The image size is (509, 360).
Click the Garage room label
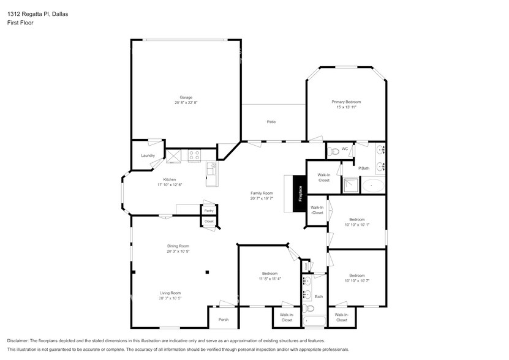pyautogui.click(x=186, y=97)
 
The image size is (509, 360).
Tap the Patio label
pyautogui.click(x=271, y=122)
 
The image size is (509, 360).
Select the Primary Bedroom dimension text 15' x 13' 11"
pyautogui.click(x=346, y=107)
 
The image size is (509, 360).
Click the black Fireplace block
pyautogui.click(x=300, y=194)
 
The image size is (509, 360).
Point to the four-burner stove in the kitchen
pyautogui.click(x=195, y=156)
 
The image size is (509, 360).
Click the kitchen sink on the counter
pyautogui.click(x=211, y=169)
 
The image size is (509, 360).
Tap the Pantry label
pyautogui.click(x=209, y=210)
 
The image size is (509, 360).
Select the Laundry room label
pyautogui.click(x=148, y=156)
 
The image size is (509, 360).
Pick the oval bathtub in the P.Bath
pyautogui.click(x=373, y=185)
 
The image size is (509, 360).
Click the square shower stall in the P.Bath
pyautogui.click(x=350, y=185)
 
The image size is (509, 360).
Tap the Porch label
pyautogui.click(x=224, y=319)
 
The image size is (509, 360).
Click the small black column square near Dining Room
pyautogui.click(x=208, y=271)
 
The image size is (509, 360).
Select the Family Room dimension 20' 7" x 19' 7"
pyautogui.click(x=262, y=198)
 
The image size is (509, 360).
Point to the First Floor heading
pyautogui.click(x=21, y=23)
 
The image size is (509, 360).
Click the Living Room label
pyautogui.click(x=170, y=293)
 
